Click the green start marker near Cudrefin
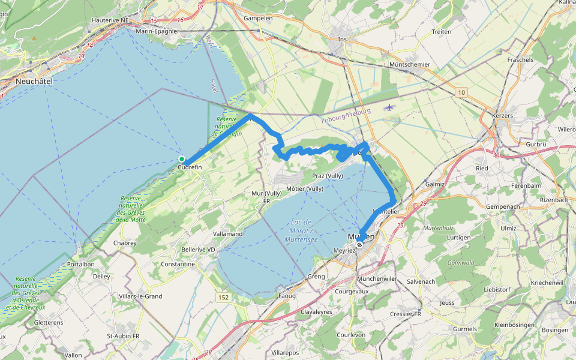coord(182,158)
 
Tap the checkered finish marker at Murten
coord(359,244)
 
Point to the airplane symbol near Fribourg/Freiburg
coord(391,107)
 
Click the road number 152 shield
coord(223,298)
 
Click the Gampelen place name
coord(259,18)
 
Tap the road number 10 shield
coord(461,92)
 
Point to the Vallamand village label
coord(227,233)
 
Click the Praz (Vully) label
coord(328,176)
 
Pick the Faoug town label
coord(287,296)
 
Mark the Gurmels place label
coord(465,329)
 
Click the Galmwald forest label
coord(460,262)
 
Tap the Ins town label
coord(343,39)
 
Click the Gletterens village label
coord(49,322)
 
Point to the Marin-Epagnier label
coord(158,31)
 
